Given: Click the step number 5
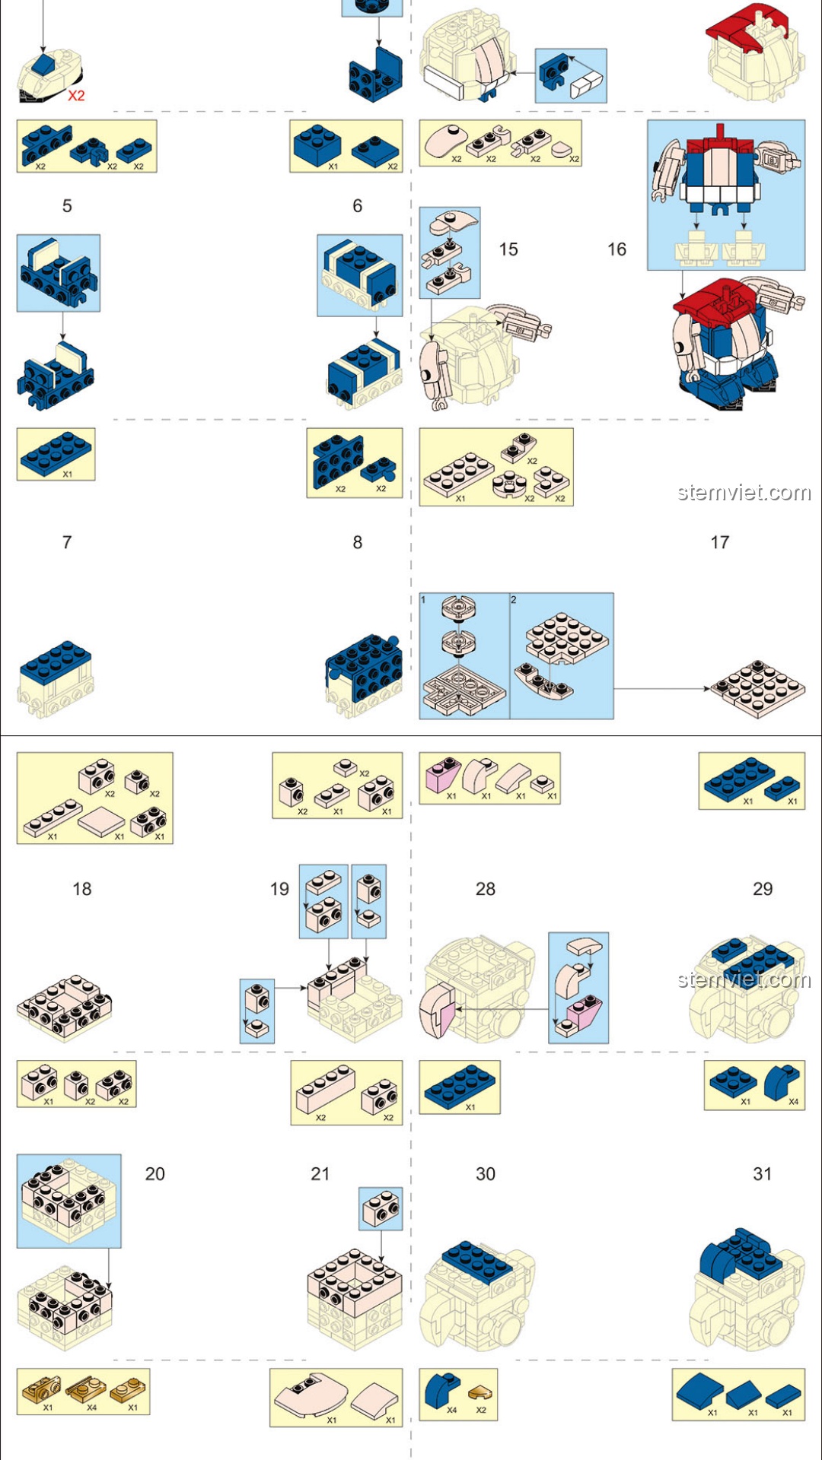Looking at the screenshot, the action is point(67,206).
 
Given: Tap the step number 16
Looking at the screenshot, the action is point(616,249).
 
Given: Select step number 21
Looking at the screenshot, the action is point(320,1174).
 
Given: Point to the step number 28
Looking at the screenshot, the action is point(486,889).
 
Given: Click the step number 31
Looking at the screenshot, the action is point(763,1174).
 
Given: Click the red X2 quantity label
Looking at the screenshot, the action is point(76,96).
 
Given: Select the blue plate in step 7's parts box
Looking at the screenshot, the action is point(56,452).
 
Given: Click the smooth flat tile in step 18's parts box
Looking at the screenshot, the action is point(101,822).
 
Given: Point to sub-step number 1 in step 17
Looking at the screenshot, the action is point(423,600).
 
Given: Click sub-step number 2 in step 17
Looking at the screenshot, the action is point(514,600).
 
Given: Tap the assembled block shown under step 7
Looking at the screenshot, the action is point(56,678).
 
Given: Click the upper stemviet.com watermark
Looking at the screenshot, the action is point(744,493).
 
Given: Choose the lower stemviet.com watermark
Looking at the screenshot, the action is point(744,979).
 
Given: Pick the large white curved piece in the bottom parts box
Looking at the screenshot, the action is point(310,1395).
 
